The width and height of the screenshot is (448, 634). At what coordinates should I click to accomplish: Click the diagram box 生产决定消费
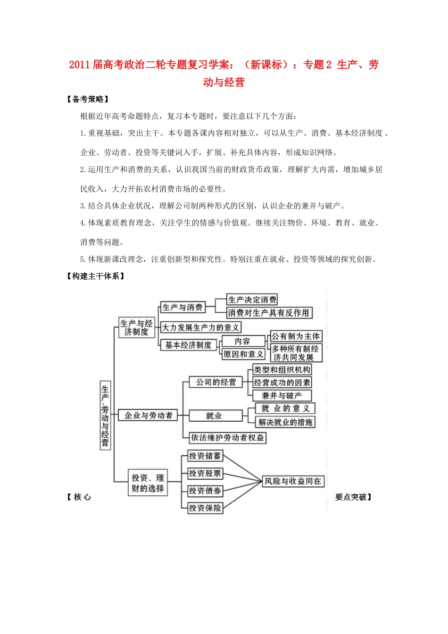pos(252,300)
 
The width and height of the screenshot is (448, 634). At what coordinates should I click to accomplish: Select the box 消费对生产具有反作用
pos(269,313)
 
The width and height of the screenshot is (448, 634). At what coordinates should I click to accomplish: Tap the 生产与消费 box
pos(183,307)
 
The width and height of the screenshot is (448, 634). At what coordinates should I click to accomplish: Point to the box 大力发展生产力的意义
pos(200,327)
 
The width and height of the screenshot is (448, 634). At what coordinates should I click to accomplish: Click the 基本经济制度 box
pos(188,345)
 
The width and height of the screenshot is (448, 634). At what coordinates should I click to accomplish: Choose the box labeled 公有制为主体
pos(296,336)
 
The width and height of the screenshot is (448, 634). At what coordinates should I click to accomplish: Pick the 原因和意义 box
pos(243,354)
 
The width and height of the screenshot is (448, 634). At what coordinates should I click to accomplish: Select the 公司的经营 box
pos(216,382)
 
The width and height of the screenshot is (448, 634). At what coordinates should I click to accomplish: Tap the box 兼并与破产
pos(282,395)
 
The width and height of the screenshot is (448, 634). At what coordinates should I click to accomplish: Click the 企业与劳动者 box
pos(148,416)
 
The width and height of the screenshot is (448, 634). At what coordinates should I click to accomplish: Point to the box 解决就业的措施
pos(285,422)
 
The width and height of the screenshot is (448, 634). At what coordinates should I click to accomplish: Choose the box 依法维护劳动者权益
pos(227,438)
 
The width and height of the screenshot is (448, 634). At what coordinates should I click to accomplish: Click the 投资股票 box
pos(205,473)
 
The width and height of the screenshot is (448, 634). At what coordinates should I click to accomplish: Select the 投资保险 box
pos(205,508)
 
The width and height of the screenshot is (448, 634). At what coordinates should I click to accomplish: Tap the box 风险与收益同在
pos(293,481)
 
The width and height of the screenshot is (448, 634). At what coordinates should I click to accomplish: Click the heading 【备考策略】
pos(88,99)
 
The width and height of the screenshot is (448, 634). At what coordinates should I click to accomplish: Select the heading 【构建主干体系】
pos(96,276)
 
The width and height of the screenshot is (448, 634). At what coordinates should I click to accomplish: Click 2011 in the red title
pos(79,65)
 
